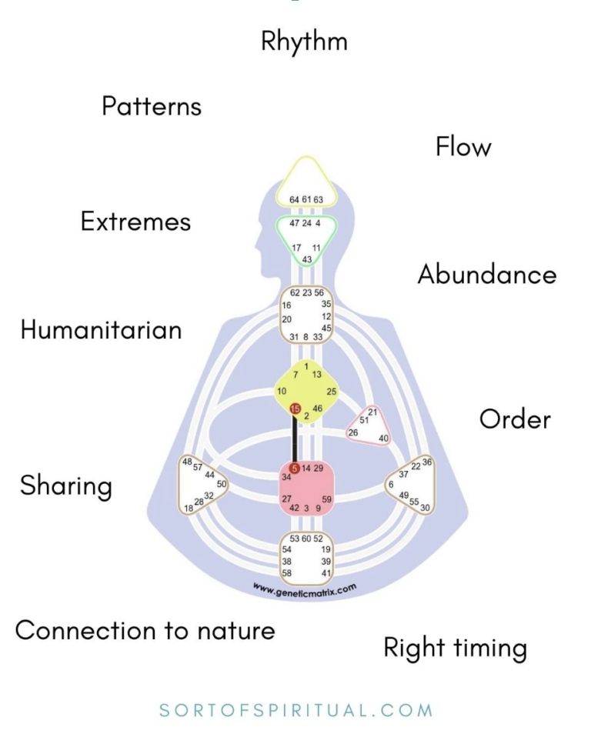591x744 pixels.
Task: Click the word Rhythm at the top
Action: [304, 42]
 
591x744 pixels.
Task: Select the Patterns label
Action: [152, 106]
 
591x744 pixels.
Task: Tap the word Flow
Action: [463, 146]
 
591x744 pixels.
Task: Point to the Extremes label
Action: [135, 222]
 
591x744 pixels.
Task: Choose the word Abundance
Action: [487, 275]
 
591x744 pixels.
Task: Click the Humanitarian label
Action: [101, 330]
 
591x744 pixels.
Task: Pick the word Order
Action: [515, 419]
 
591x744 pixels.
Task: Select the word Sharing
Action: [66, 486]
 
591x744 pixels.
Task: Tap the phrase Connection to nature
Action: [145, 631]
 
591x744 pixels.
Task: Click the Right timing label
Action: [455, 648]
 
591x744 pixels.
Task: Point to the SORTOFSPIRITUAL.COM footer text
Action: [295, 710]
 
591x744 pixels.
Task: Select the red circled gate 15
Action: [295, 409]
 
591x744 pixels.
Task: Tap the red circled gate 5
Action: [294, 468]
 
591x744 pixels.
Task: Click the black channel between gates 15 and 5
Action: [294, 439]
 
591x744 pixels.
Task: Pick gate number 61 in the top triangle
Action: [306, 199]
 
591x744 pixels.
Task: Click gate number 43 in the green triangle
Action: [307, 259]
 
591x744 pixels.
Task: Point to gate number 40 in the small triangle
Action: [383, 438]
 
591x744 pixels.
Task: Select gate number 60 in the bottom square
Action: [306, 539]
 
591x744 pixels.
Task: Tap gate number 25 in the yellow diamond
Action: [332, 392]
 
